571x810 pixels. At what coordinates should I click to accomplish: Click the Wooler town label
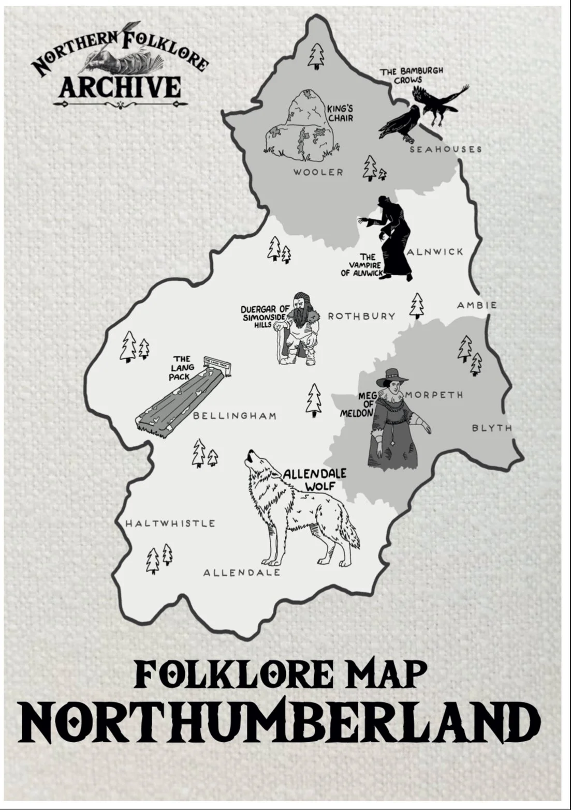(318, 172)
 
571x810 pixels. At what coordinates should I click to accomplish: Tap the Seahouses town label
(446, 149)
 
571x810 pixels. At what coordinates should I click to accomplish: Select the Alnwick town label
(435, 252)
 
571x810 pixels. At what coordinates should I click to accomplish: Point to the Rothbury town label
(361, 316)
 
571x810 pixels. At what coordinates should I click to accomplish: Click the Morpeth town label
(434, 395)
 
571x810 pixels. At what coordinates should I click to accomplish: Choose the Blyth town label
(492, 428)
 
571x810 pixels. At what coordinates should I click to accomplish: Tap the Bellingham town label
(235, 416)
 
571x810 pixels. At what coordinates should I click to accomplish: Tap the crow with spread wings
(439, 102)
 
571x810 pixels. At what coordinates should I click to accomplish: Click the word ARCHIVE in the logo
(120, 87)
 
